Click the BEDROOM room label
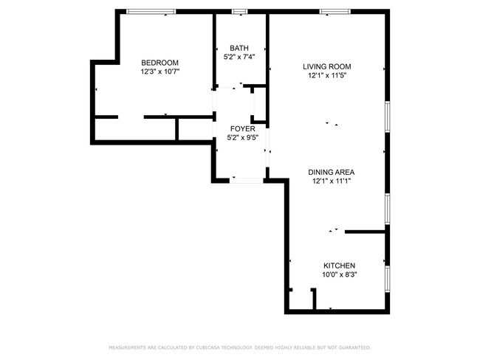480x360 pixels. pos(160,63)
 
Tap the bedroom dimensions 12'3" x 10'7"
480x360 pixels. pos(160,72)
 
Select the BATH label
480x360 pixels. pos(239,48)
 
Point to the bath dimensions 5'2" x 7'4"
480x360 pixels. pos(239,57)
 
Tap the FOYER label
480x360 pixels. pos(239,128)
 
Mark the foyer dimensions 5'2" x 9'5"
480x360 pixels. pos(239,137)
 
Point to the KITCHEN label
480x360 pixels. pos(340,266)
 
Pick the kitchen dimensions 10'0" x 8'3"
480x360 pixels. pos(340,275)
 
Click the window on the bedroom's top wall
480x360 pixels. pos(151,12)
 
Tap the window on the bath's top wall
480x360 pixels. pos(239,12)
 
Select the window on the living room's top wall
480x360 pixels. pos(335,12)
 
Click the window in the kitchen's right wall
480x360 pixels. pos(387,277)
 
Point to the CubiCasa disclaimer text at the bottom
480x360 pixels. pos(239,347)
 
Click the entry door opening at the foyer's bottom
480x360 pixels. pos(247,179)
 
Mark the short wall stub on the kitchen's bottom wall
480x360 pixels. pos(314,300)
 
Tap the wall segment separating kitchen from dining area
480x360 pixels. pos(366,232)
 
